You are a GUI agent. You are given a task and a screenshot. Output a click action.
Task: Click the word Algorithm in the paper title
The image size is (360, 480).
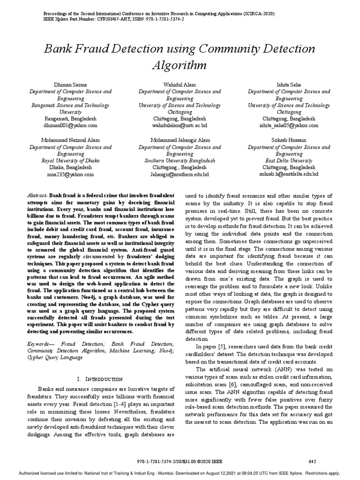click(180, 64)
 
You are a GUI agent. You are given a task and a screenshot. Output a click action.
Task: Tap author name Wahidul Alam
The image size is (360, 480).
click(180, 84)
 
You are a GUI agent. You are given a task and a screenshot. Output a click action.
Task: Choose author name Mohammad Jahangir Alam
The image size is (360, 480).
click(180, 140)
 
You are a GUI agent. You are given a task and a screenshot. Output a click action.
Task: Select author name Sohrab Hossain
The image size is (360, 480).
click(289, 140)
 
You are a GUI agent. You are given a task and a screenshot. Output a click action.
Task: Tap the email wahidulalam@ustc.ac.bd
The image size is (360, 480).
click(180, 126)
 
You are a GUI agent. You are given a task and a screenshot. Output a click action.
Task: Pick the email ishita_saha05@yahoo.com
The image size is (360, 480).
click(289, 126)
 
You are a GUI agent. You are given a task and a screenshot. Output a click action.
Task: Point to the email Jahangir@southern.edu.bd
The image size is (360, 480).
click(180, 174)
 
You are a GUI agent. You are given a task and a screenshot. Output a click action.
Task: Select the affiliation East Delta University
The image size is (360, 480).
click(289, 160)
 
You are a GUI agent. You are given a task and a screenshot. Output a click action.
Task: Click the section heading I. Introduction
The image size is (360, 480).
click(99, 378)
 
